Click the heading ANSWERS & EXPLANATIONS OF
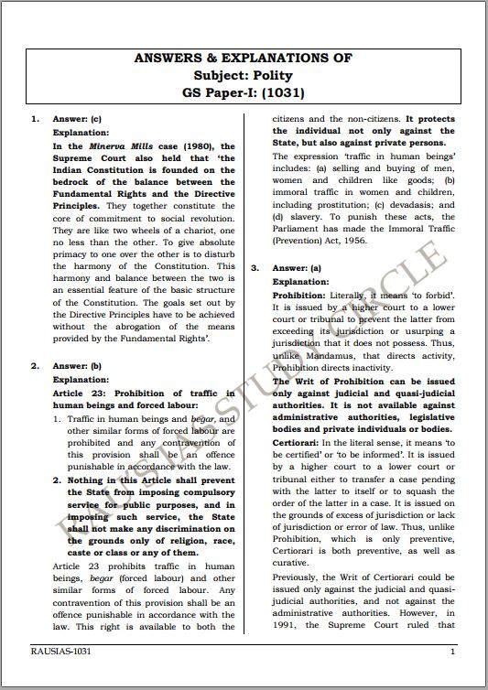click(x=243, y=58)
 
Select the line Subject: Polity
click(x=243, y=75)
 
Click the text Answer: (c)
click(x=77, y=120)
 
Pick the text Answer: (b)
click(x=77, y=366)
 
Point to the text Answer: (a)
click(x=298, y=267)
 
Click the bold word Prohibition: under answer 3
click(x=299, y=295)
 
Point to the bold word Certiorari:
click(x=296, y=442)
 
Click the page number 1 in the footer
click(x=452, y=651)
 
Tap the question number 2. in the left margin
click(x=34, y=366)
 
